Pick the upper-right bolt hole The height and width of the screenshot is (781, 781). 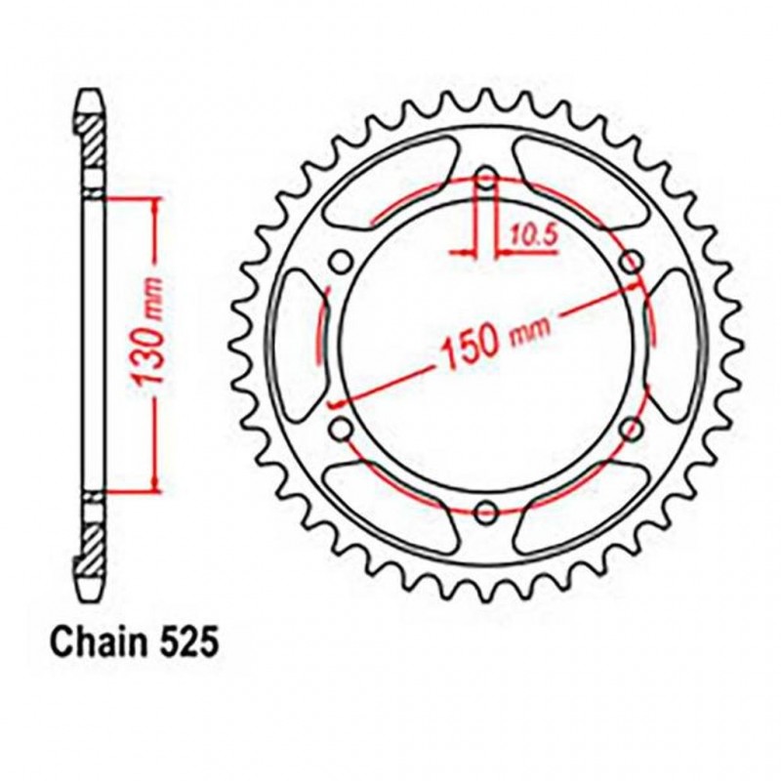pos(630,262)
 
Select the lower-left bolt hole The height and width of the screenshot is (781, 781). pos(341,427)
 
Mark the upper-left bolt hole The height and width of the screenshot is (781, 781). pos(341,262)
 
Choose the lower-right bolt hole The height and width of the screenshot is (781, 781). pos(630,427)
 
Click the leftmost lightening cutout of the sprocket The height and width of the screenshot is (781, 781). pos(296,344)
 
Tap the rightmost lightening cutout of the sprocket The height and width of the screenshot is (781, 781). pos(676,344)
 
